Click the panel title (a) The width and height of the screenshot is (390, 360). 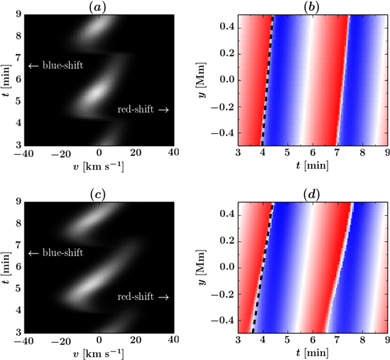point(99,6)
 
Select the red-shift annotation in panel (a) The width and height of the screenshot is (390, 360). point(143,110)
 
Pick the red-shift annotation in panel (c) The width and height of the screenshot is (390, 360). point(143,297)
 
